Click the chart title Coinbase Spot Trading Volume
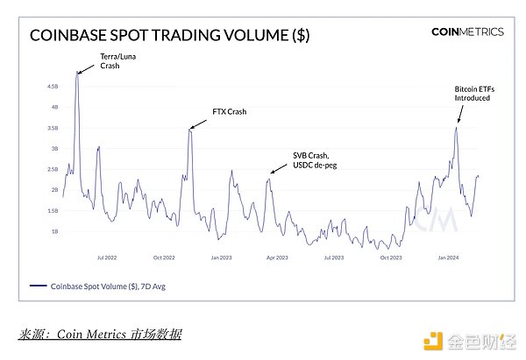coord(169,36)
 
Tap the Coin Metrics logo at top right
coord(467,32)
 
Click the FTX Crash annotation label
coord(231,112)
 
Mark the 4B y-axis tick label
coord(53,108)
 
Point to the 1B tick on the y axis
coord(53,231)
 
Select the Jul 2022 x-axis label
coord(107,258)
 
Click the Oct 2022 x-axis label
coord(164,258)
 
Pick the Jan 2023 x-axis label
coord(221,258)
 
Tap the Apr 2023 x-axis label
coord(277,258)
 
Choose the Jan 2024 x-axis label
coord(447,258)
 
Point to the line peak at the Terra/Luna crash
coord(77,74)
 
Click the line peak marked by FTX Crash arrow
coord(189,129)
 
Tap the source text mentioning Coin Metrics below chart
coord(100,334)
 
